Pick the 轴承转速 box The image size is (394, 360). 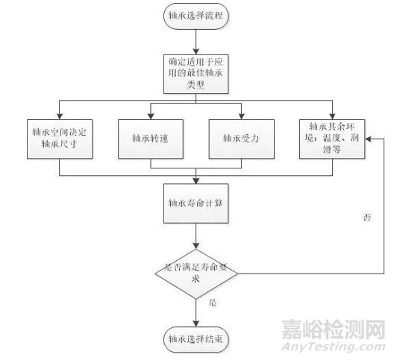[149, 138]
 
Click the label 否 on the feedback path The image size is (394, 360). [366, 217]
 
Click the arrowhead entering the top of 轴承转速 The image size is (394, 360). [149, 116]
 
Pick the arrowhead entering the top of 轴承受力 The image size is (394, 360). [242, 116]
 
